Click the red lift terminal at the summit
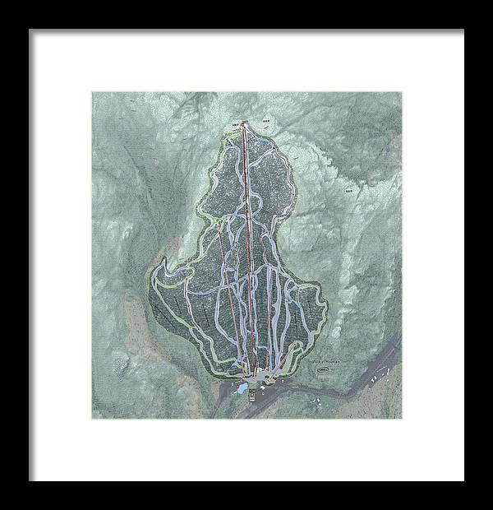[244, 124]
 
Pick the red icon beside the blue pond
[237, 383]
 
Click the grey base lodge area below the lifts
[261, 377]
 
